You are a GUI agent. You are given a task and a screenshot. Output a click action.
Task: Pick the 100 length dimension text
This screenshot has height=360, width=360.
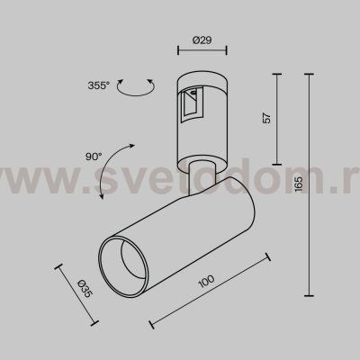pyautogui.click(x=209, y=283)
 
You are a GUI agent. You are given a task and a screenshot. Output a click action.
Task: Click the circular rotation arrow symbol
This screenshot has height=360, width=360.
pyautogui.click(x=136, y=87)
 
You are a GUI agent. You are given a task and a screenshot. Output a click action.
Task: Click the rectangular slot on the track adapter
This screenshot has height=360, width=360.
pyautogui.click(x=191, y=108)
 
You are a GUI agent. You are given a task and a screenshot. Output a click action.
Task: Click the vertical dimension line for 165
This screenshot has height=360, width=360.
pyautogui.click(x=311, y=184)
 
